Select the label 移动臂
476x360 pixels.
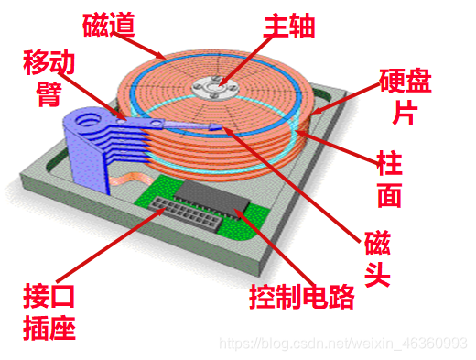49,79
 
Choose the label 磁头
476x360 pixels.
376,258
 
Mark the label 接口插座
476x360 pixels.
49,312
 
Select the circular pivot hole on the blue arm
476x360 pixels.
91,118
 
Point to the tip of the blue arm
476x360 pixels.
216,128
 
